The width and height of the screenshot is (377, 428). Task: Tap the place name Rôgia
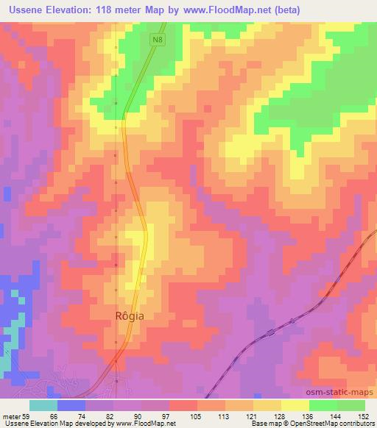[129, 315]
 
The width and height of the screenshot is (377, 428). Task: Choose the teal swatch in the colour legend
[43, 405]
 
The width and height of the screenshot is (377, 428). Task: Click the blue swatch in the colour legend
[71, 405]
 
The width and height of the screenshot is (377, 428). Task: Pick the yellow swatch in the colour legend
[295, 405]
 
